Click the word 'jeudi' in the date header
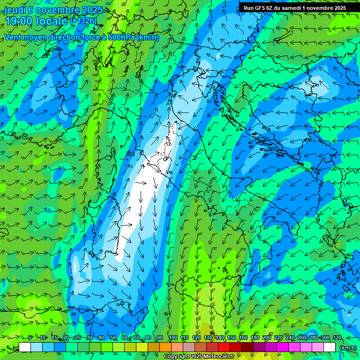pyautogui.click(x=15, y=10)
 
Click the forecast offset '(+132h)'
pyautogui.click(x=83, y=22)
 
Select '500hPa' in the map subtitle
pyautogui.click(x=122, y=37)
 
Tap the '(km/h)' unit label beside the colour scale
pyautogui.click(x=347, y=348)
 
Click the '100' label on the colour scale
pyautogui.click(x=173, y=337)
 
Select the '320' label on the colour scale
pyautogui.click(x=337, y=337)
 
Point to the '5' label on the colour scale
pyautogui.click(x=30, y=337)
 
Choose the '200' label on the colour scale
pyautogui.click(x=267, y=337)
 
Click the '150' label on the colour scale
pyautogui.click(x=232, y=337)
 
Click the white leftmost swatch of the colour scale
pyautogui.click(x=25, y=347)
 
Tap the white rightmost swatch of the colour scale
pyautogui.click(x=330, y=347)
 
